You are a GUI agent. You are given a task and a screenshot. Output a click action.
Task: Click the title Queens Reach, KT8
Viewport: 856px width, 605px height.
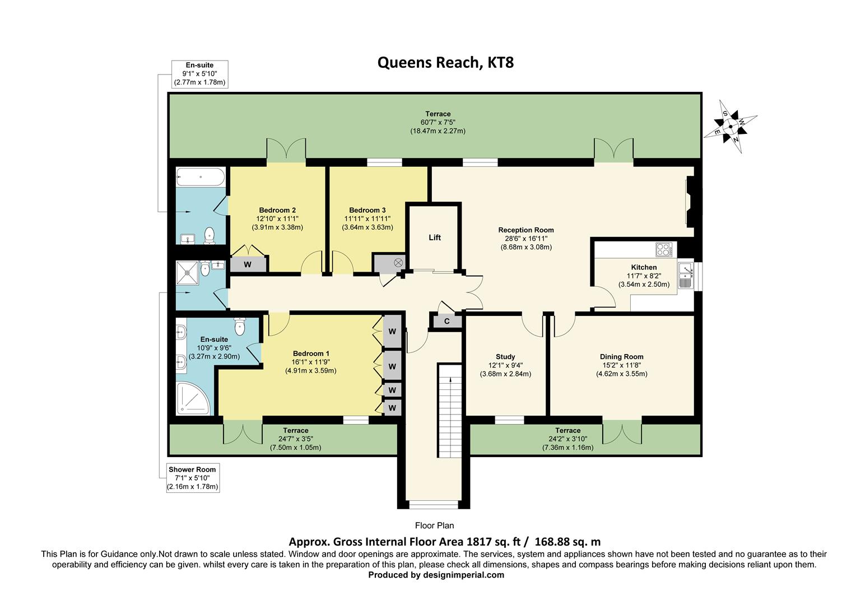(445, 62)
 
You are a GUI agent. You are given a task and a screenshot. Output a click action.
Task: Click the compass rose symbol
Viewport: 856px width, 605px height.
(731, 127)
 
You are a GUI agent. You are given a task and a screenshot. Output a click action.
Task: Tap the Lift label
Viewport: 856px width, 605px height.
(435, 238)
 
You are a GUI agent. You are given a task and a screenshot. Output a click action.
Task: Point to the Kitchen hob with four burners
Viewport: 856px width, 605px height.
(664, 250)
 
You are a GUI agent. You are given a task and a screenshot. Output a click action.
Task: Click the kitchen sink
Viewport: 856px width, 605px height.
(686, 275)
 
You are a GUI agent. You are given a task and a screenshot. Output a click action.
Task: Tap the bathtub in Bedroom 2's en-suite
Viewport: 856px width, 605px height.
(200, 177)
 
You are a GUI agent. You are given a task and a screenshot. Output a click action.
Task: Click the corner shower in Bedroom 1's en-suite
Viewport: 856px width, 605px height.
(193, 398)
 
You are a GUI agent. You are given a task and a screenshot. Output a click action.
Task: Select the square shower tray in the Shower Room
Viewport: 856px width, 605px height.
(187, 273)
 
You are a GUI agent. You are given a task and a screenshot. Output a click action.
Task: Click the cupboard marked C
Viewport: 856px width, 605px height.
(446, 322)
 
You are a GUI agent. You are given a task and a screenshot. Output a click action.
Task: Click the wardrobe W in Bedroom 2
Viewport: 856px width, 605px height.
(248, 264)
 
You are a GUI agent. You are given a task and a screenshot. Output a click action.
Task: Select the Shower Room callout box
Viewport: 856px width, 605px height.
(193, 478)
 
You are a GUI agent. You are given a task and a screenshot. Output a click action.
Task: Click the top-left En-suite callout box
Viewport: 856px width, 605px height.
(199, 74)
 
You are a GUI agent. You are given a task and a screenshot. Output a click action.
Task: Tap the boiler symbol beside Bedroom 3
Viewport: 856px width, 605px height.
(398, 263)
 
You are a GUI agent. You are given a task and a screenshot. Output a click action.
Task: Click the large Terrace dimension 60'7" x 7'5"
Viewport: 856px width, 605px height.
(438, 122)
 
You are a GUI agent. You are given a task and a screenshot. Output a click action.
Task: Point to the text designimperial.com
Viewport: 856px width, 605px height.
(463, 575)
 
